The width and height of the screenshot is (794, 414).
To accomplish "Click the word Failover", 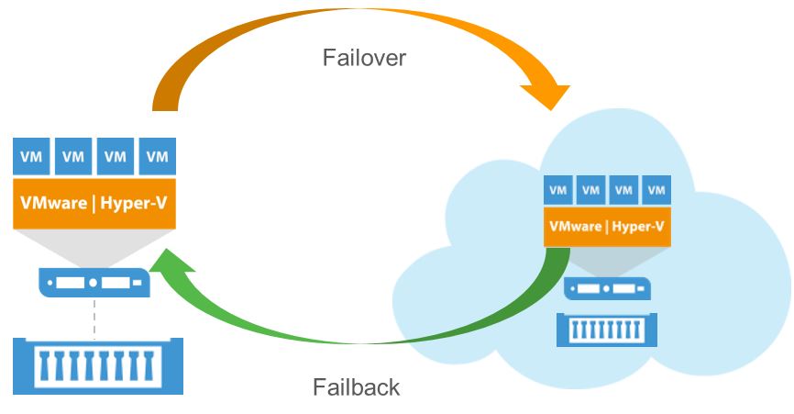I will [364, 58].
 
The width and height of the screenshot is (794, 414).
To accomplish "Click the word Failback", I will [357, 386].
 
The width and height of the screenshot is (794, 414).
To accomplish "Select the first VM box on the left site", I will [32, 157].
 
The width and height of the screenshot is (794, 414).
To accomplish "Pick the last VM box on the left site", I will [158, 157].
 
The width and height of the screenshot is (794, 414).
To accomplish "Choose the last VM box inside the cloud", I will [656, 191].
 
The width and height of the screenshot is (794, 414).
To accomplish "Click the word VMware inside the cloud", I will [574, 226].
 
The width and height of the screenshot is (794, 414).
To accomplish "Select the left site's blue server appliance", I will [94, 281].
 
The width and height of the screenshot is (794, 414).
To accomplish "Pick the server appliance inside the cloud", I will [607, 289].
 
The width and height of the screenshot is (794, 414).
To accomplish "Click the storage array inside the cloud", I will [607, 330].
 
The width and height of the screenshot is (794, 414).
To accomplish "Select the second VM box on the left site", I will [73, 157].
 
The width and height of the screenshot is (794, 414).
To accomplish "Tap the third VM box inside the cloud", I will [623, 191].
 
